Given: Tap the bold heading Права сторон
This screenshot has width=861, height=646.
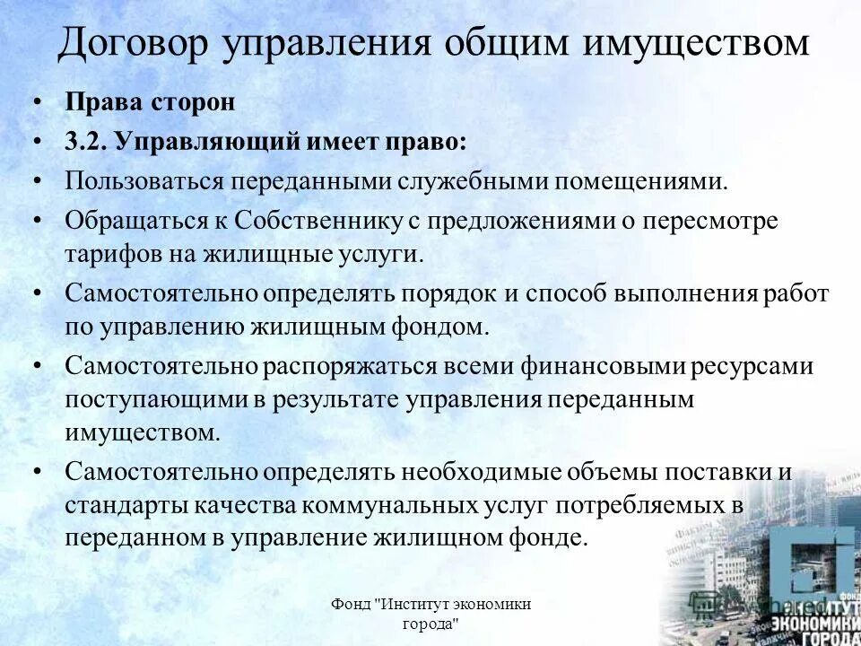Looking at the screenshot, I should tap(150, 101).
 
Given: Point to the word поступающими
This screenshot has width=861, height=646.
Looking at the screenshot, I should tap(143, 400).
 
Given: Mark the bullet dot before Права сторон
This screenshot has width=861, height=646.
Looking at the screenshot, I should tap(37, 102).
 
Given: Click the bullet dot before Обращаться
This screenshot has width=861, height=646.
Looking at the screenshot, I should tap(37, 220).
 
